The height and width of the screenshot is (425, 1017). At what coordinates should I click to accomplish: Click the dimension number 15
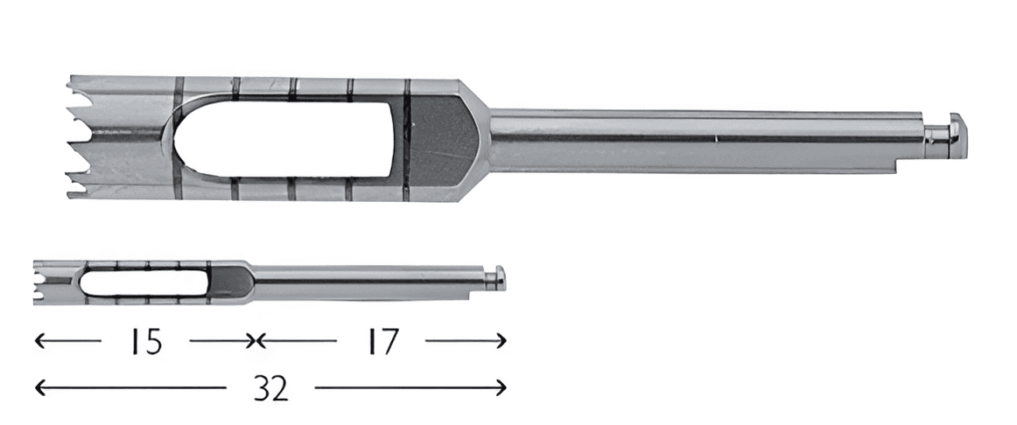tap(145, 341)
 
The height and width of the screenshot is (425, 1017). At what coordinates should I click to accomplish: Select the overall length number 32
tap(270, 389)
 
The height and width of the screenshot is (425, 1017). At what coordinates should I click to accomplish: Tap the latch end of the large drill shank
tap(948, 134)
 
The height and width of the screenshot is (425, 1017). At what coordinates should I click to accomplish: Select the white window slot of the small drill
tap(143, 282)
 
